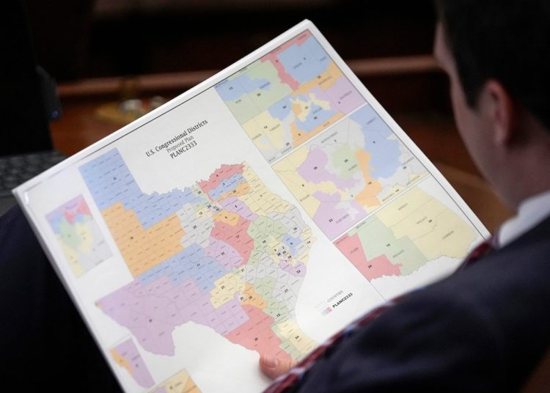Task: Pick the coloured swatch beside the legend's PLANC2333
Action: click(x=324, y=309)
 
